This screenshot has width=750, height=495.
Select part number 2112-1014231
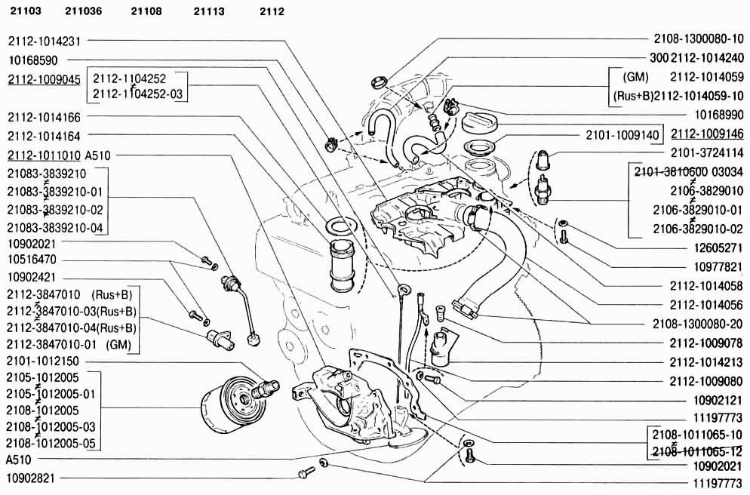click(44, 42)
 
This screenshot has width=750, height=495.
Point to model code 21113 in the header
click(209, 11)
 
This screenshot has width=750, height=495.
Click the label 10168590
click(33, 60)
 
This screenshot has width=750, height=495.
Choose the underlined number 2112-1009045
click(44, 79)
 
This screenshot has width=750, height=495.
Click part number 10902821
click(33, 478)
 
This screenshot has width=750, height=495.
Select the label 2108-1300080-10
click(698, 38)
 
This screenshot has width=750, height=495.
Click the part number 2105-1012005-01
click(51, 394)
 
